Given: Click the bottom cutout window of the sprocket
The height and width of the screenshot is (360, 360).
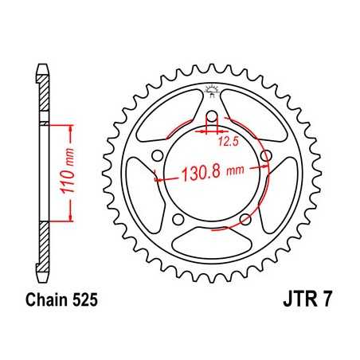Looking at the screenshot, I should [x=212, y=239].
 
